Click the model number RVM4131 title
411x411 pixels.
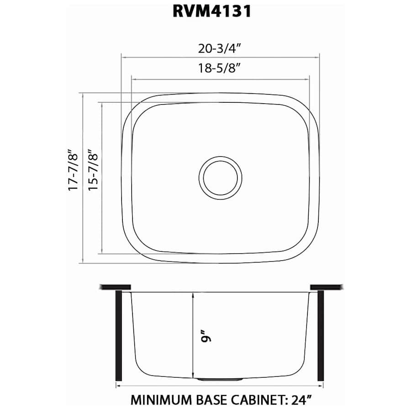point(212,12)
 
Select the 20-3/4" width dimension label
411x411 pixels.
point(220,47)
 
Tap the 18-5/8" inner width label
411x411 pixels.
point(220,68)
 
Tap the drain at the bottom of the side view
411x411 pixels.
point(221,379)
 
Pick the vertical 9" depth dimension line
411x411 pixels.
point(194,336)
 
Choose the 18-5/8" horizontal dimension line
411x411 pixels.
point(220,79)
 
